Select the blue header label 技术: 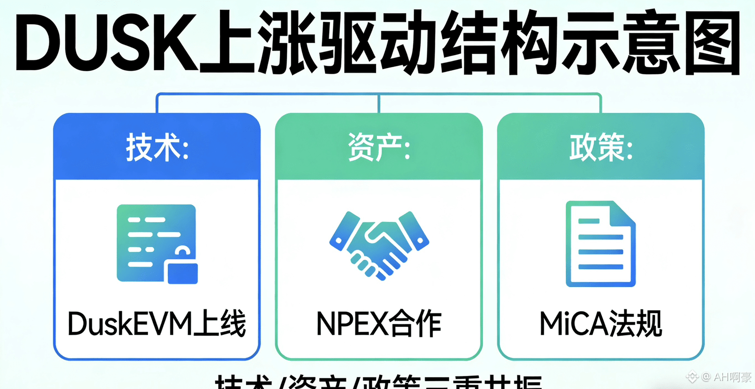157,148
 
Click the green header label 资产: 379,148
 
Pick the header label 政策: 601,148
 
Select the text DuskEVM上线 157,324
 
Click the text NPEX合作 379,324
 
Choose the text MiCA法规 601,324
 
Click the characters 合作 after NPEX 416,324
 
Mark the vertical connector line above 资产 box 379,103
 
